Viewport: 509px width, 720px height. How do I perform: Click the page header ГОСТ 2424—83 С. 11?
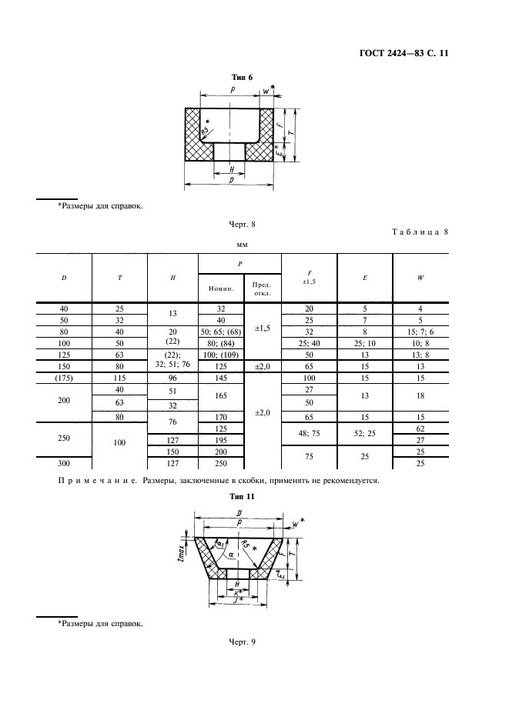[x=404, y=53]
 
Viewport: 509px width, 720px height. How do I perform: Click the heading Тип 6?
[x=242, y=78]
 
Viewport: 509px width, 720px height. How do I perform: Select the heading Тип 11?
[x=242, y=496]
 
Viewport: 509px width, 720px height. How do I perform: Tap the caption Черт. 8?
[x=242, y=225]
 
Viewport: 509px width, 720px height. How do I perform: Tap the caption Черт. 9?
[x=242, y=642]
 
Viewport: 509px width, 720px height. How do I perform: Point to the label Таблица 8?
[x=420, y=232]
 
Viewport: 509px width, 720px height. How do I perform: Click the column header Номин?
[x=221, y=288]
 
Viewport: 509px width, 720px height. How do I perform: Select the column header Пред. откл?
[x=263, y=288]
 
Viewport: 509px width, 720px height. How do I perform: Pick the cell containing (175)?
[x=64, y=378]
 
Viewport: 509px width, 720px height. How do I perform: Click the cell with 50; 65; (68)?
[x=221, y=332]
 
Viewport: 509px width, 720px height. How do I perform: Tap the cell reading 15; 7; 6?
[x=420, y=332]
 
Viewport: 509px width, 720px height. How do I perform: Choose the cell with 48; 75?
[x=309, y=433]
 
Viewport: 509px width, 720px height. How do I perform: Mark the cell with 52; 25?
[x=365, y=433]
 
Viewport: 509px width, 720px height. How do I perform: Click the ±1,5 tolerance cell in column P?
[x=263, y=328]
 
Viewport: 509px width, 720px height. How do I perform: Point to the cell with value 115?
[x=119, y=378]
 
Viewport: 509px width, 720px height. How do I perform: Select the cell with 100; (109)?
[x=221, y=355]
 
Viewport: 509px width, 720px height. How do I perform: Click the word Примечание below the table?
[x=98, y=482]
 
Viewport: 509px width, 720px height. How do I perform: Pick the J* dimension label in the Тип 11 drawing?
[x=238, y=601]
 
